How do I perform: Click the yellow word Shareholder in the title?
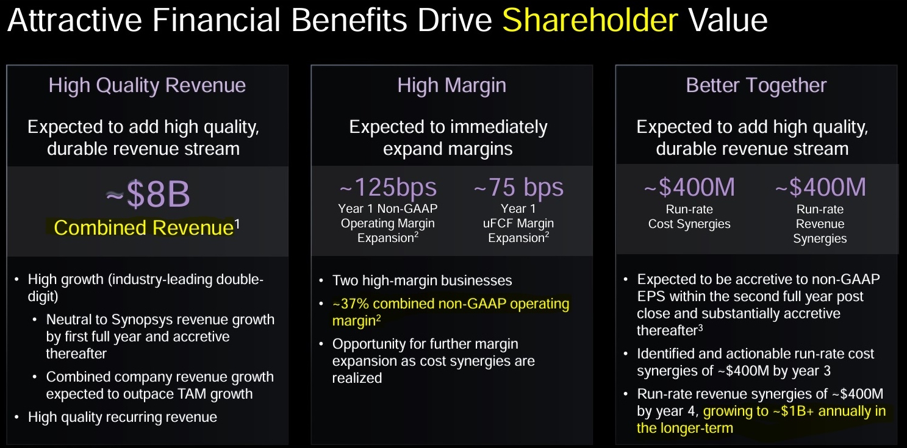(x=590, y=20)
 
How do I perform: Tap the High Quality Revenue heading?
(x=147, y=85)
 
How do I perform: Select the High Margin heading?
(x=451, y=85)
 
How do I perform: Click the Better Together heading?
(x=756, y=85)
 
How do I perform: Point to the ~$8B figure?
(x=148, y=194)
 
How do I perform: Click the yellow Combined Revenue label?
(x=144, y=227)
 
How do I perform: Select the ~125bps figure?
(x=388, y=187)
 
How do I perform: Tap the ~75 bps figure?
(x=518, y=187)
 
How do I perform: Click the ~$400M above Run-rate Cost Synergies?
(x=689, y=187)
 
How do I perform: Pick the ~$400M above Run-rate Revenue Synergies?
(x=820, y=187)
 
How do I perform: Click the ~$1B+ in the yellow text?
(x=793, y=411)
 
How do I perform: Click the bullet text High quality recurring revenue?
(x=122, y=418)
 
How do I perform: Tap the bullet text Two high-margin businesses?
(x=422, y=280)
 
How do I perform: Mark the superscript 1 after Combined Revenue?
(x=237, y=224)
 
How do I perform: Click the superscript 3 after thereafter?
(x=700, y=327)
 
